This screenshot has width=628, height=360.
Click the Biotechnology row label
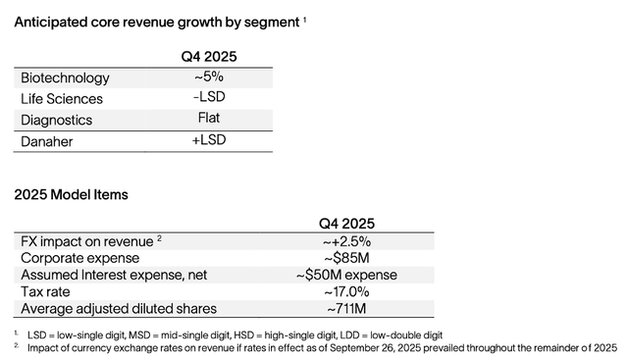(x=65, y=77)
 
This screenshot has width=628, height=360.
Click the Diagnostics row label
(x=57, y=120)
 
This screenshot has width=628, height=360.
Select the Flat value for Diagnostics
(x=209, y=120)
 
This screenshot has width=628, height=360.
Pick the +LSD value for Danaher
(x=209, y=141)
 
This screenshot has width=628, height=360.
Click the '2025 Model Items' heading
(x=71, y=195)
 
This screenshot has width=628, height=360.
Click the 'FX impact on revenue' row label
(x=86, y=241)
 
